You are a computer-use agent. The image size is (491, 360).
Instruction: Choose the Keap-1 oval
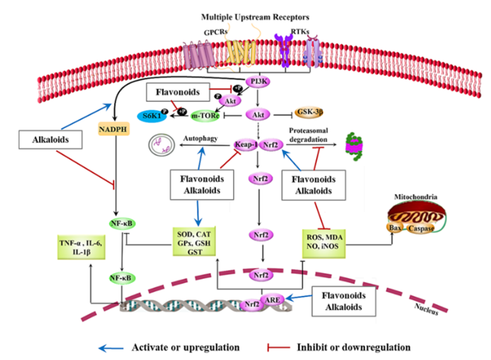[x=245, y=145]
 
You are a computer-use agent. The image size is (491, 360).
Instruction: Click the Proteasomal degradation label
[x=307, y=135]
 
